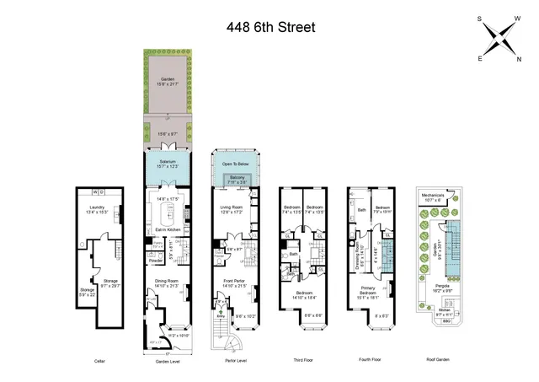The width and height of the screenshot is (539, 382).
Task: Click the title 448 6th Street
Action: coord(270,27)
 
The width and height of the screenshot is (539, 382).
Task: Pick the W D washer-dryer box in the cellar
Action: coord(98,191)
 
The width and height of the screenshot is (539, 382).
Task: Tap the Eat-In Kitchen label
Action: coord(169,229)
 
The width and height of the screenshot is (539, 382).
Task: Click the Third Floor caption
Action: coord(301,360)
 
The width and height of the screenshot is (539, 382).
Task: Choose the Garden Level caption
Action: coord(168,360)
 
